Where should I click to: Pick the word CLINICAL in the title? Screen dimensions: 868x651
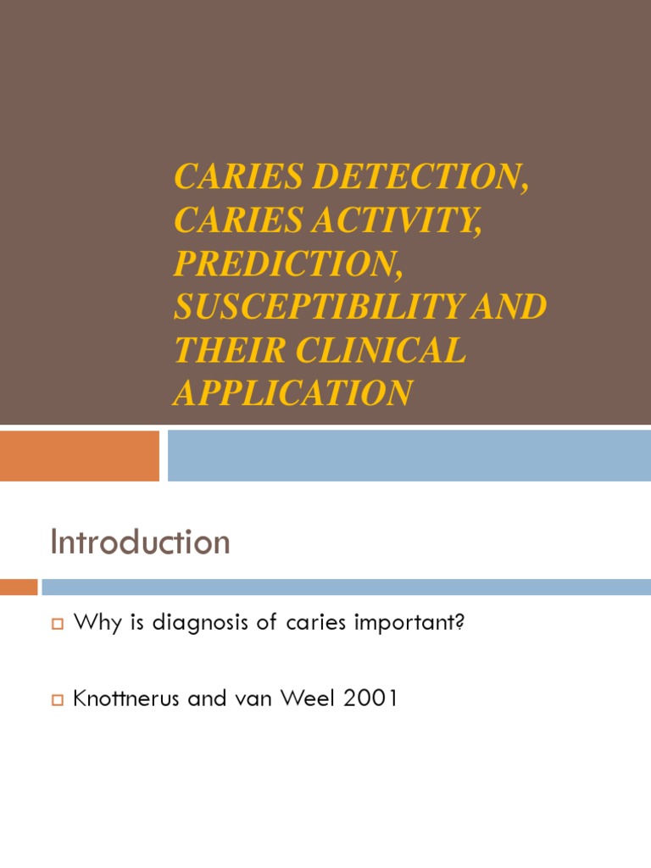click(x=382, y=350)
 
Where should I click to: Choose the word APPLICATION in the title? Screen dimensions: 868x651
click(x=293, y=393)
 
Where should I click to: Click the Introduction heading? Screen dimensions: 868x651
click(x=140, y=542)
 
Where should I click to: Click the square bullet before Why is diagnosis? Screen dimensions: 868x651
click(x=58, y=625)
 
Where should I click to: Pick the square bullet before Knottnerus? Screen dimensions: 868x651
click(x=58, y=701)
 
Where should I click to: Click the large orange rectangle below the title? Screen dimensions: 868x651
click(x=80, y=455)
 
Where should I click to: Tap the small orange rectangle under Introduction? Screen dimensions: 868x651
click(x=19, y=587)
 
